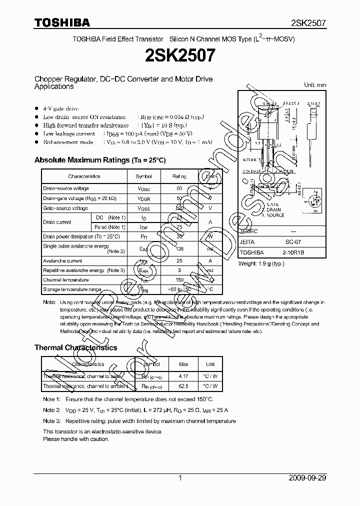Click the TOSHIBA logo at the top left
click(62, 22)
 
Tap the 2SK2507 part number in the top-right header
click(308, 23)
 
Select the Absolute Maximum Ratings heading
click(99, 160)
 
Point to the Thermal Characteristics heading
click(75, 347)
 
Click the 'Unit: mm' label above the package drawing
click(315, 85)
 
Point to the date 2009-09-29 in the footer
click(307, 478)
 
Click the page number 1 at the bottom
click(179, 478)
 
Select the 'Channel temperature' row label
click(65, 280)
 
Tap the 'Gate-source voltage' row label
click(65, 208)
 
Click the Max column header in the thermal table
click(183, 364)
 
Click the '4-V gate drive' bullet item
click(60, 108)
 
